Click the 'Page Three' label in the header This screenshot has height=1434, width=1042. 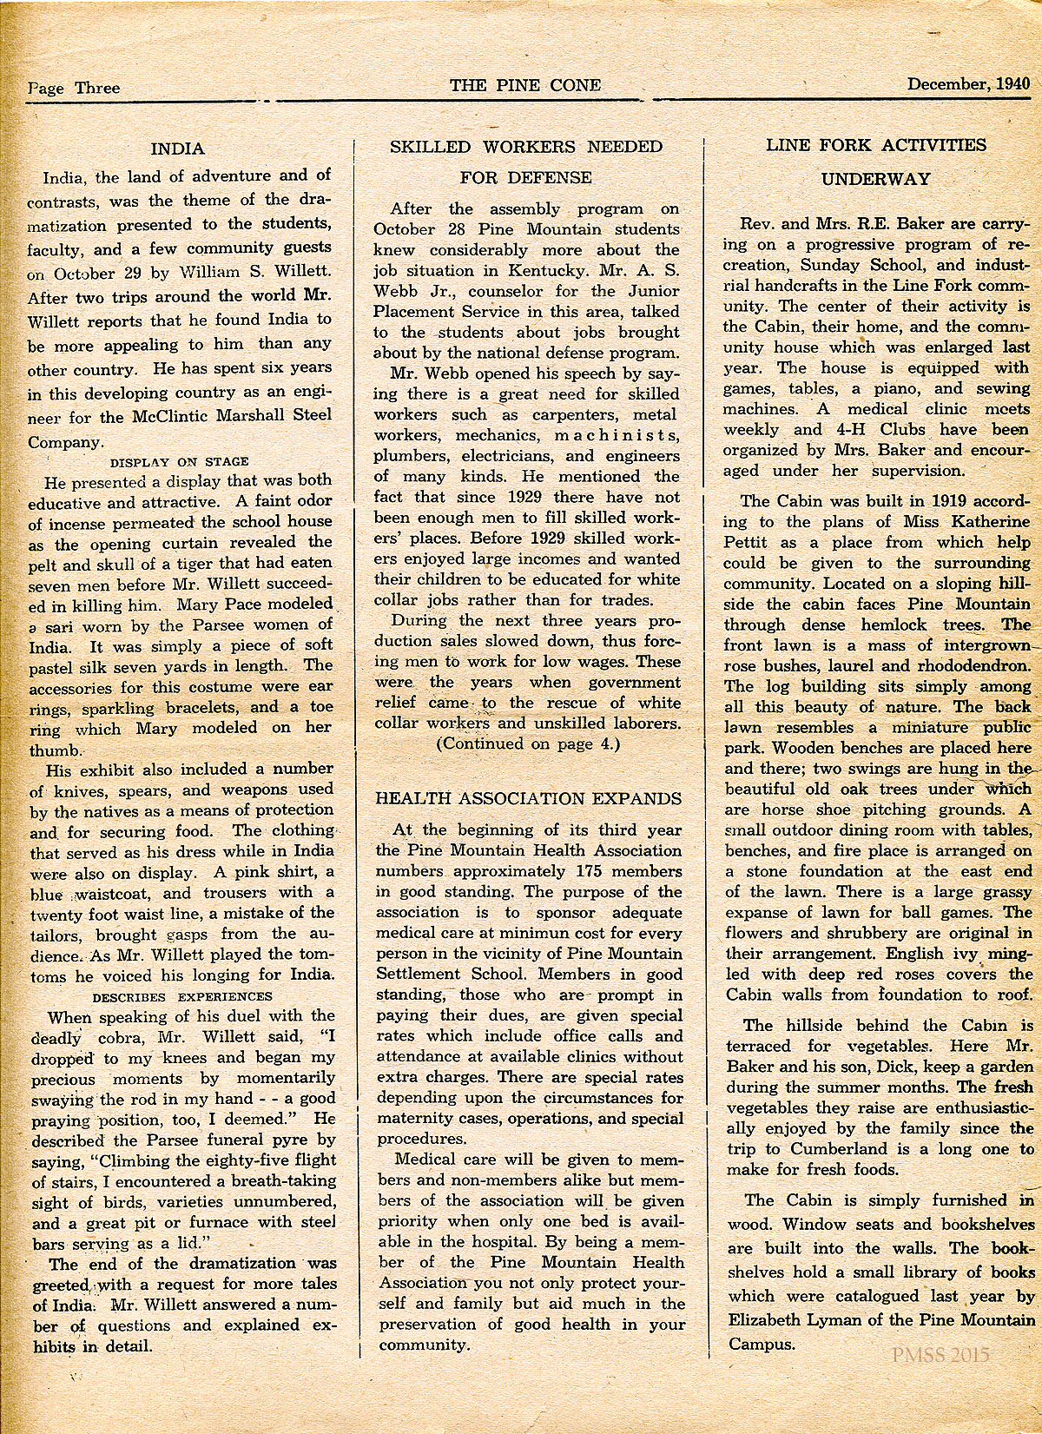tap(74, 87)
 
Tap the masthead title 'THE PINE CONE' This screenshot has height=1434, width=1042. tap(524, 84)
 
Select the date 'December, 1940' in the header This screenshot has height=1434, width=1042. tap(968, 84)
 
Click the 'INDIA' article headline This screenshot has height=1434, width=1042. tap(177, 148)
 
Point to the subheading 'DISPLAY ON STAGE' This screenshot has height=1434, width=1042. tap(180, 461)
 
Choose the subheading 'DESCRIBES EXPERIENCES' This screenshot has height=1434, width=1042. tap(182, 995)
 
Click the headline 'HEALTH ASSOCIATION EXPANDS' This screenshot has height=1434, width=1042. tap(528, 799)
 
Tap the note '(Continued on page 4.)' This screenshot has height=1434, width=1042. tap(527, 743)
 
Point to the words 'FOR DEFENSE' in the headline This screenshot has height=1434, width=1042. tap(526, 178)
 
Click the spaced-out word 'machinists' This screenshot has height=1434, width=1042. tap(617, 435)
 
